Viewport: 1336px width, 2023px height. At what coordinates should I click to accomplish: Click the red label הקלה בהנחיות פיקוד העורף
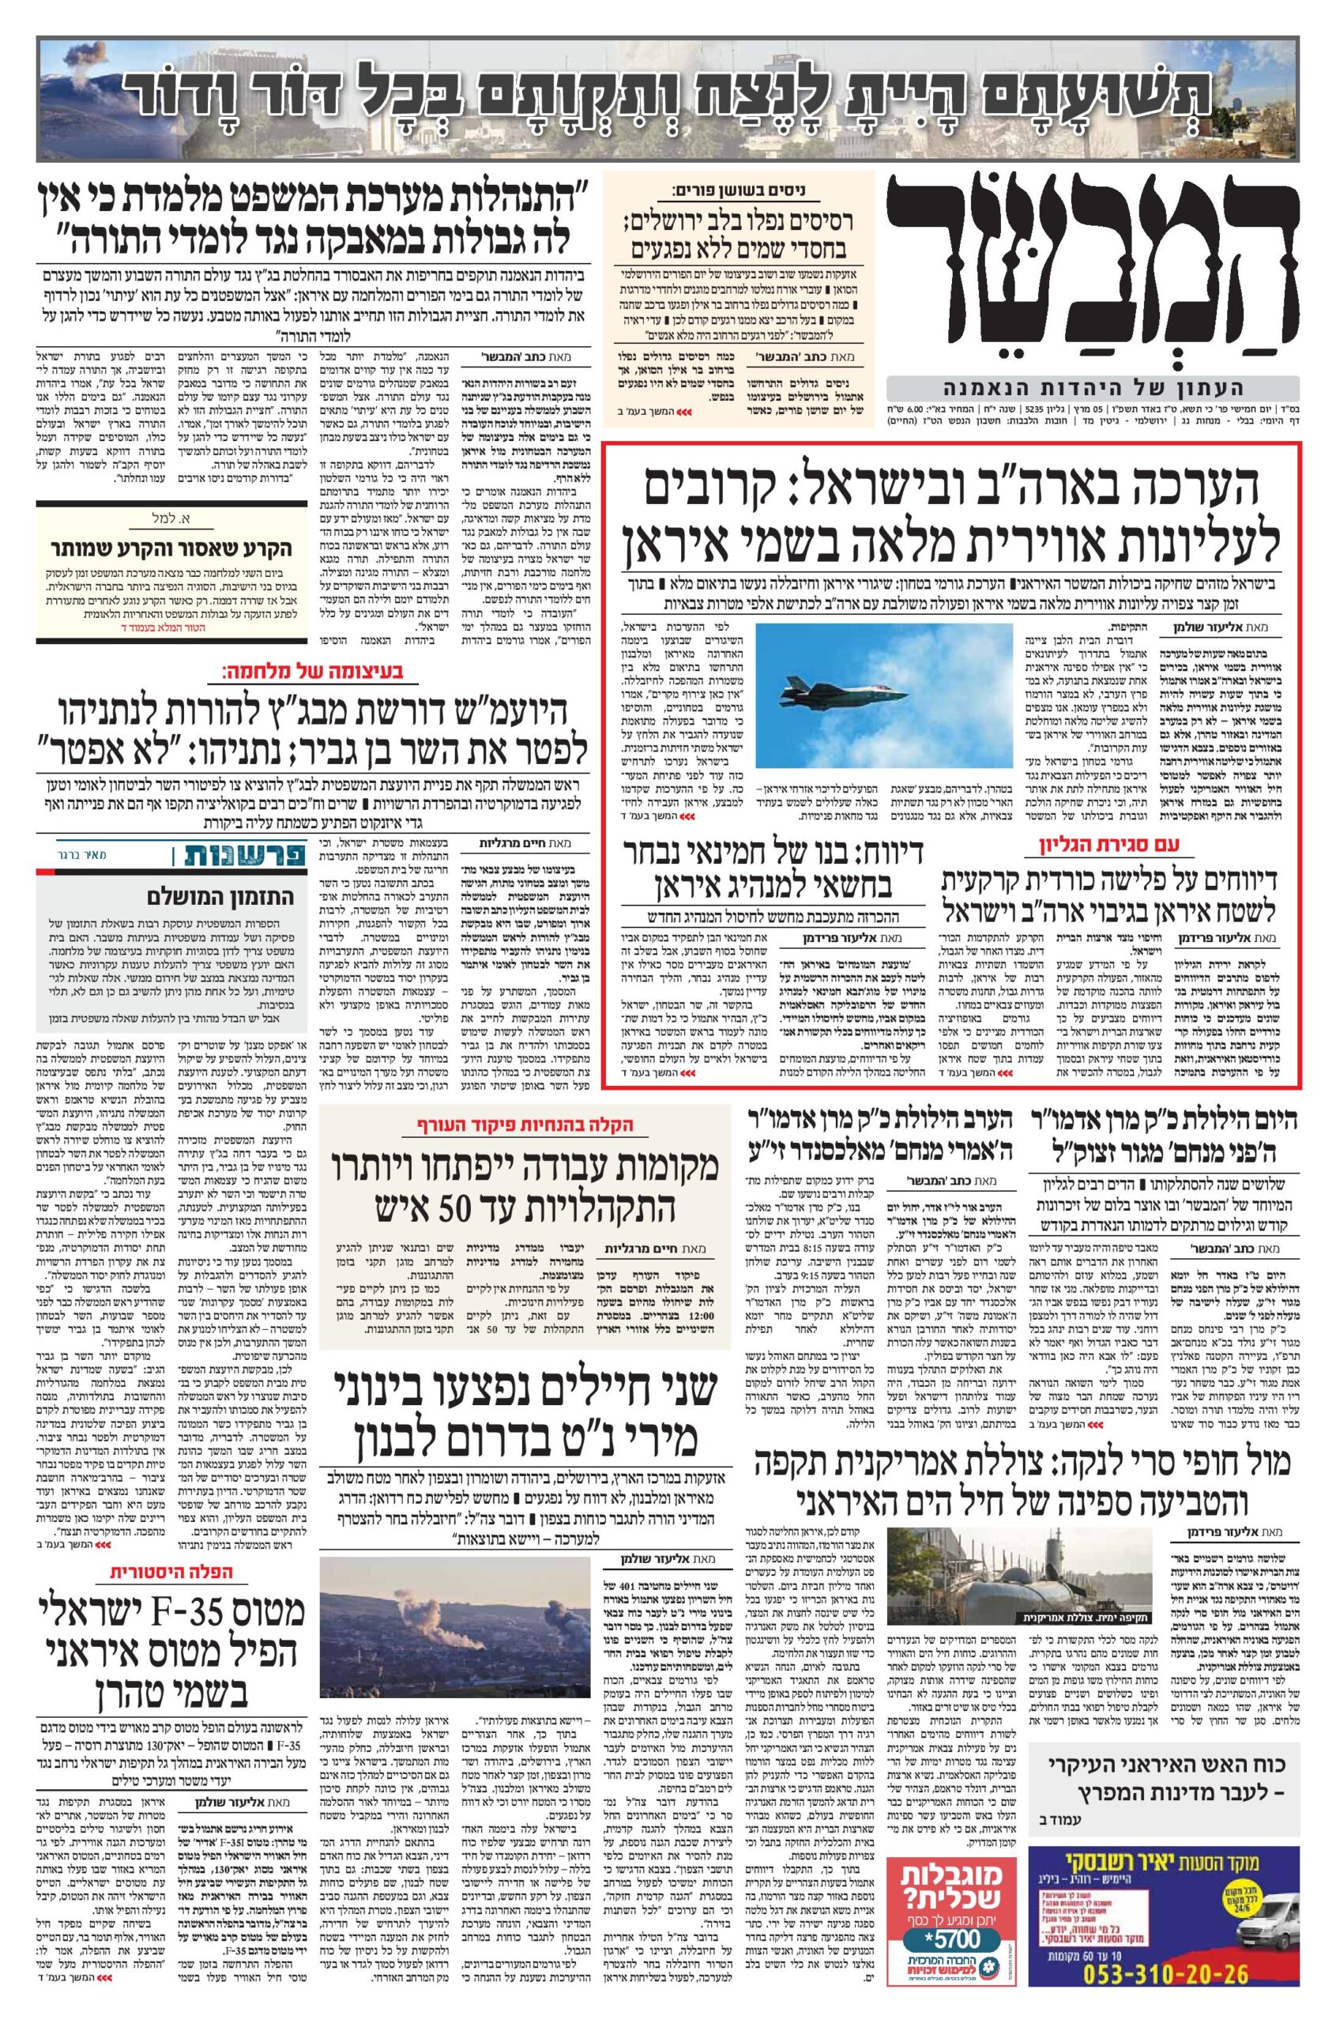pyautogui.click(x=524, y=1125)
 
